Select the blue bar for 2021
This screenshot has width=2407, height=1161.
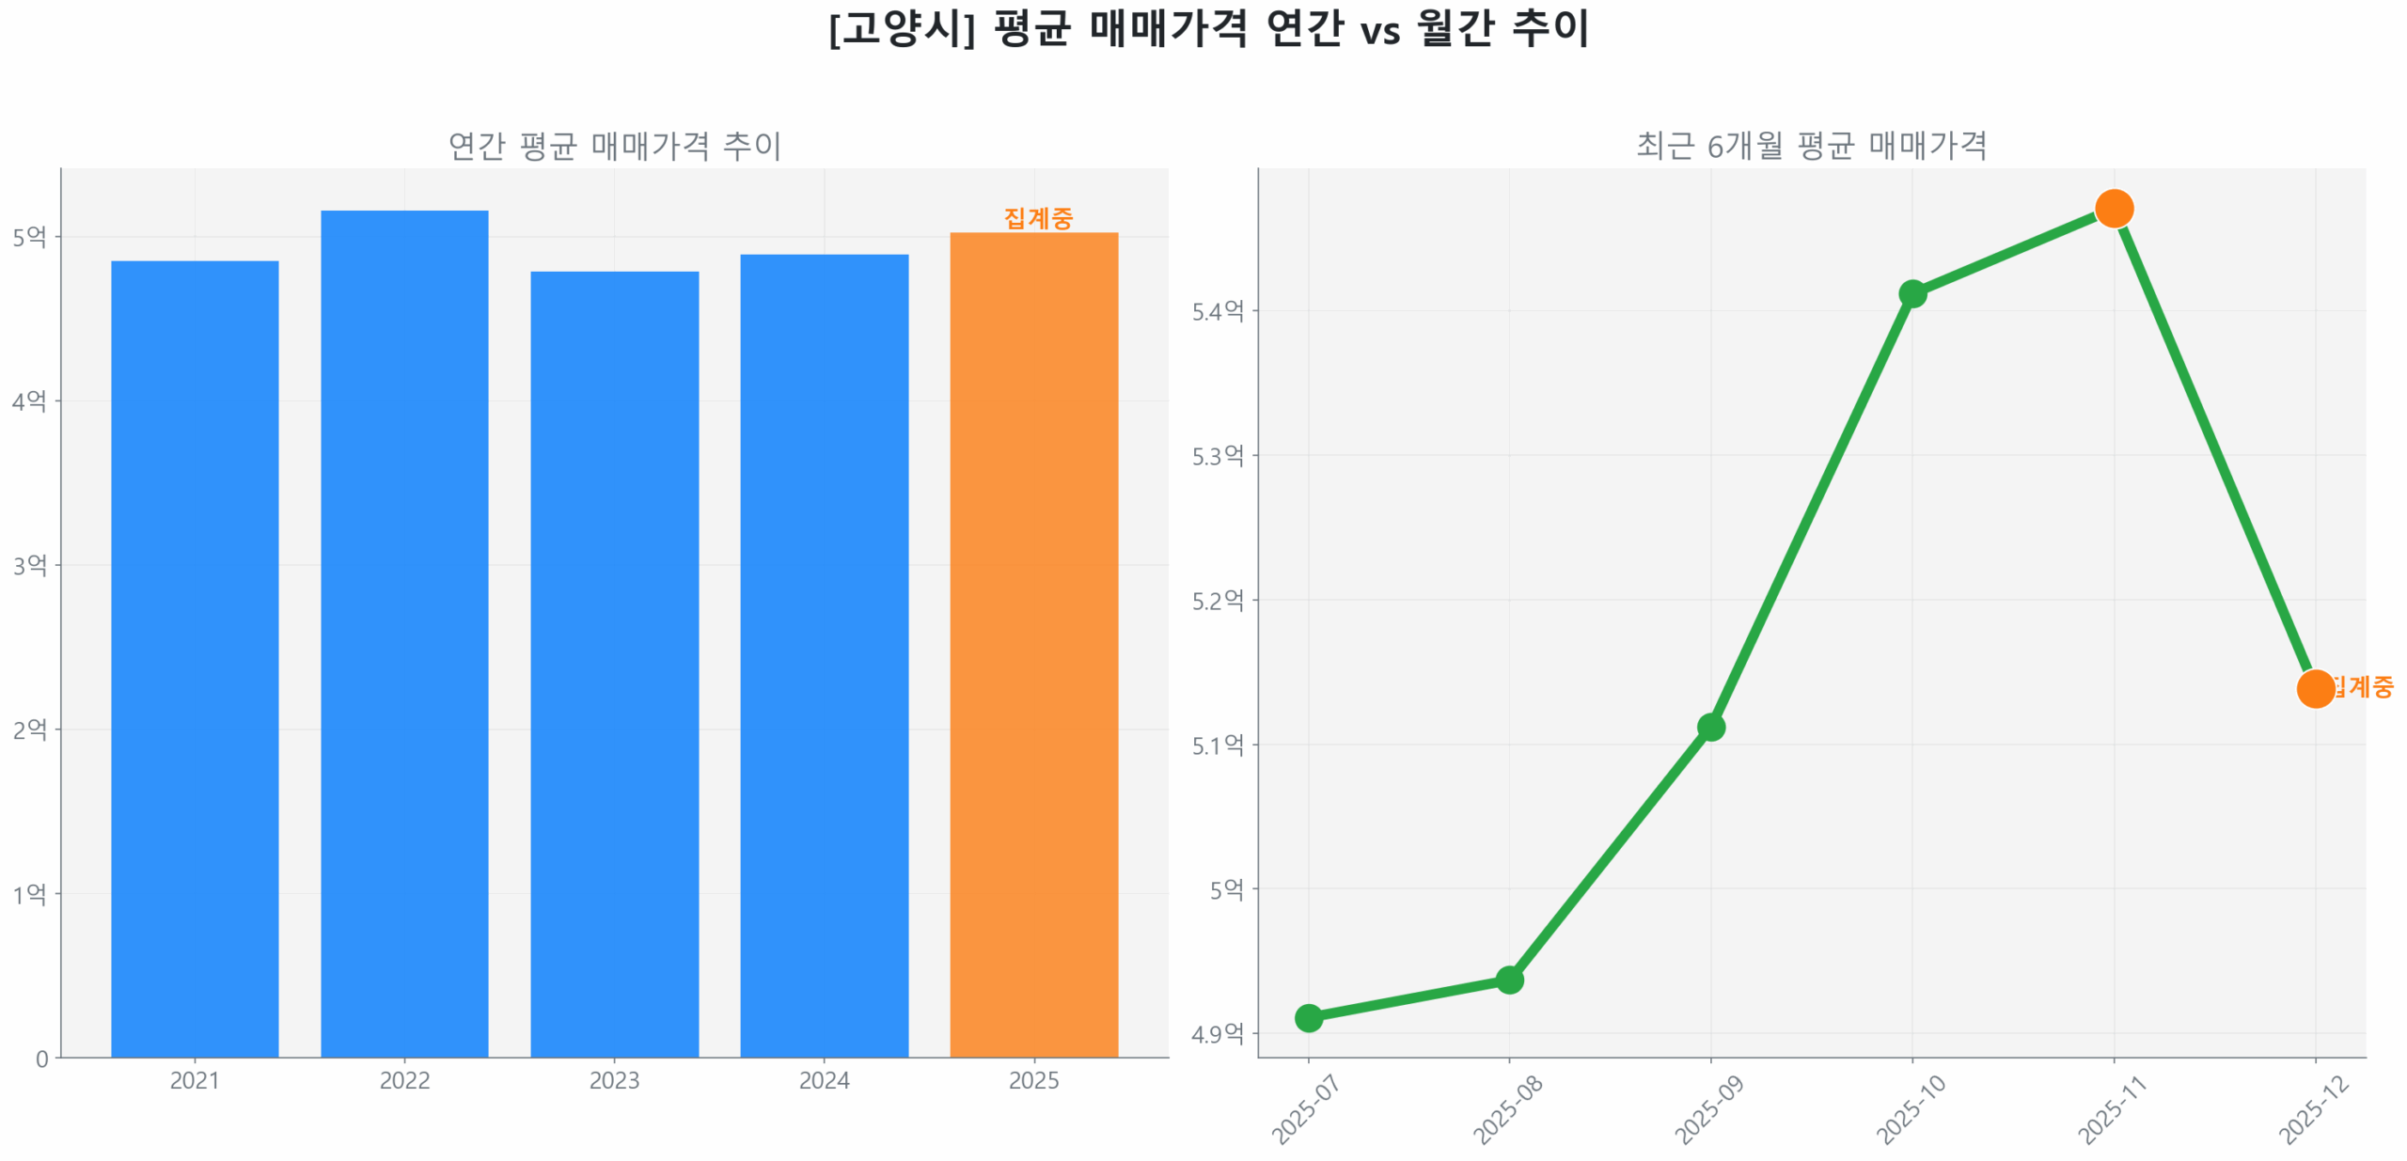195,658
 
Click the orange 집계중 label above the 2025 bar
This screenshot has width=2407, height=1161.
1038,218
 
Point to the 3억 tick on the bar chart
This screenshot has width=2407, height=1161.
30,565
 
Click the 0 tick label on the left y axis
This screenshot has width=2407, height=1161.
41,1059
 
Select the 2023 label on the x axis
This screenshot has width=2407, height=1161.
614,1080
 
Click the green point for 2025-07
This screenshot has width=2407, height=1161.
1308,1017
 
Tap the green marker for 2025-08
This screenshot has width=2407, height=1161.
1509,980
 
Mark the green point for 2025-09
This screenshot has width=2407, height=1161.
1710,727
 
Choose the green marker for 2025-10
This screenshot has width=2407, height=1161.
1911,293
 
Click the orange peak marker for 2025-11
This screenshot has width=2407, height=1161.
2114,209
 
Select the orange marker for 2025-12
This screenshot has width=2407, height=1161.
2315,688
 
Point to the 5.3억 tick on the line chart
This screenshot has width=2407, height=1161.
1218,456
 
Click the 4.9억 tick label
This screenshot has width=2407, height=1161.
1218,1034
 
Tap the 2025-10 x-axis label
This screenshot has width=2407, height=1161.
1911,1109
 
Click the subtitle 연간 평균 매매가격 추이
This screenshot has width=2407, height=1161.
614,146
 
